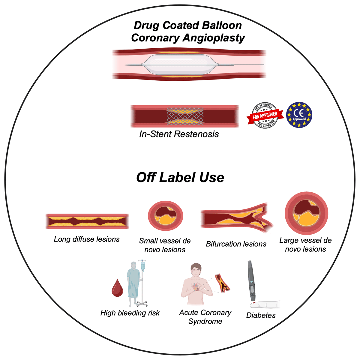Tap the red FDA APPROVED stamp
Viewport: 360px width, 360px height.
pos(265,115)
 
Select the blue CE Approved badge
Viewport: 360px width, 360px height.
pos(299,115)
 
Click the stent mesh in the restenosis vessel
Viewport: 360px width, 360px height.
pos(185,116)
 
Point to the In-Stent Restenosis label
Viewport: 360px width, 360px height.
pos(179,134)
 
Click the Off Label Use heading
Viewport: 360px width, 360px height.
pos(180,177)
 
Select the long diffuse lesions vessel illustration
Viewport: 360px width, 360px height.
pos(87,221)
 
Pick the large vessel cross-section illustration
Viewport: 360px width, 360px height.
pos(306,213)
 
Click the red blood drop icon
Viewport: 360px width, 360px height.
pos(117,288)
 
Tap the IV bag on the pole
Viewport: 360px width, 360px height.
pos(143,266)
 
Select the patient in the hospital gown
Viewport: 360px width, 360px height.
pos(133,284)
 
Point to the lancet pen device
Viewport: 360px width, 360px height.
pos(251,281)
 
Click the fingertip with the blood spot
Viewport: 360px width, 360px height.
pos(254,305)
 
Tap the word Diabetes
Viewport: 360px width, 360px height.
pos(261,315)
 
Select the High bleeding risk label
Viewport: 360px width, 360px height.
pos(130,313)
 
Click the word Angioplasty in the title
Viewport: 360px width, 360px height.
pos(214,38)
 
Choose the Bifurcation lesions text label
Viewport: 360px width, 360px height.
pos(236,244)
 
